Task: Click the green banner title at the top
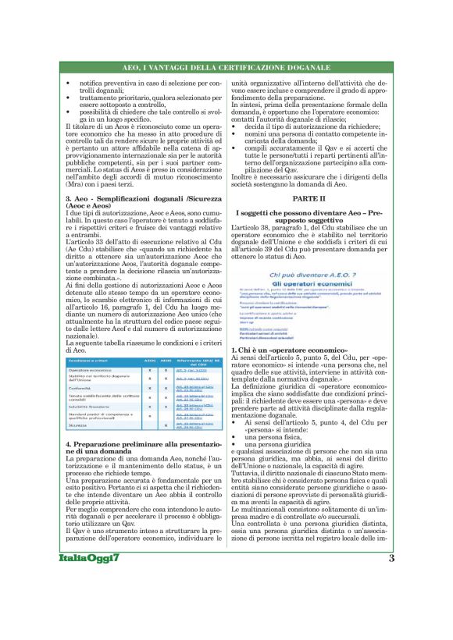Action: pyautogui.click(x=226, y=69)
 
